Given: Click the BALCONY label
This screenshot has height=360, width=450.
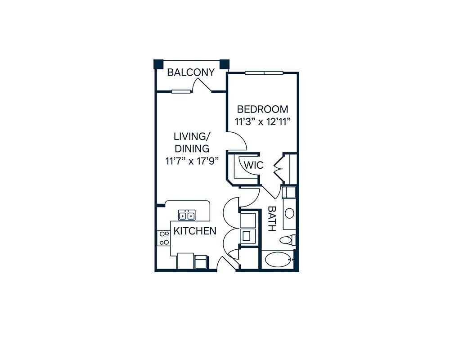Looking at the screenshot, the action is pos(191,72).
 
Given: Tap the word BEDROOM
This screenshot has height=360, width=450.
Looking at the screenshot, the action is pos(263,109).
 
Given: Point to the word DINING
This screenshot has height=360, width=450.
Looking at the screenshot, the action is pos(192,148).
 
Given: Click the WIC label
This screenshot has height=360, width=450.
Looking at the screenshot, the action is pos(254,165).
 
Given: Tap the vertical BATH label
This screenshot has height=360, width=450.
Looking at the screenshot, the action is pos(271,219).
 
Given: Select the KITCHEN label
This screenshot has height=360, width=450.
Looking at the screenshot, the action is pos(195,231).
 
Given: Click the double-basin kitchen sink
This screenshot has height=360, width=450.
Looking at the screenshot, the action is pos(187,215).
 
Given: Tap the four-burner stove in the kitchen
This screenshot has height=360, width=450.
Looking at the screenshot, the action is pos(164,238).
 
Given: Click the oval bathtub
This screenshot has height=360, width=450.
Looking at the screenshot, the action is pos(278,260).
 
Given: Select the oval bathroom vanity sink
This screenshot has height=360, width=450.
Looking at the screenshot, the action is pos(289,213).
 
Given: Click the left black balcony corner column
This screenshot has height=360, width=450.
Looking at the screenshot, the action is pos(159,64).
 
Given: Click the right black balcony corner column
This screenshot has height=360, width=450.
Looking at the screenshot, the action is pos(225,64).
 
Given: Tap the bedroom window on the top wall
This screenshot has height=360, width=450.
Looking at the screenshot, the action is pos(264,73).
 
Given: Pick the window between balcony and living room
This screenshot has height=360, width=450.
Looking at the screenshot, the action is pos(181,92).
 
